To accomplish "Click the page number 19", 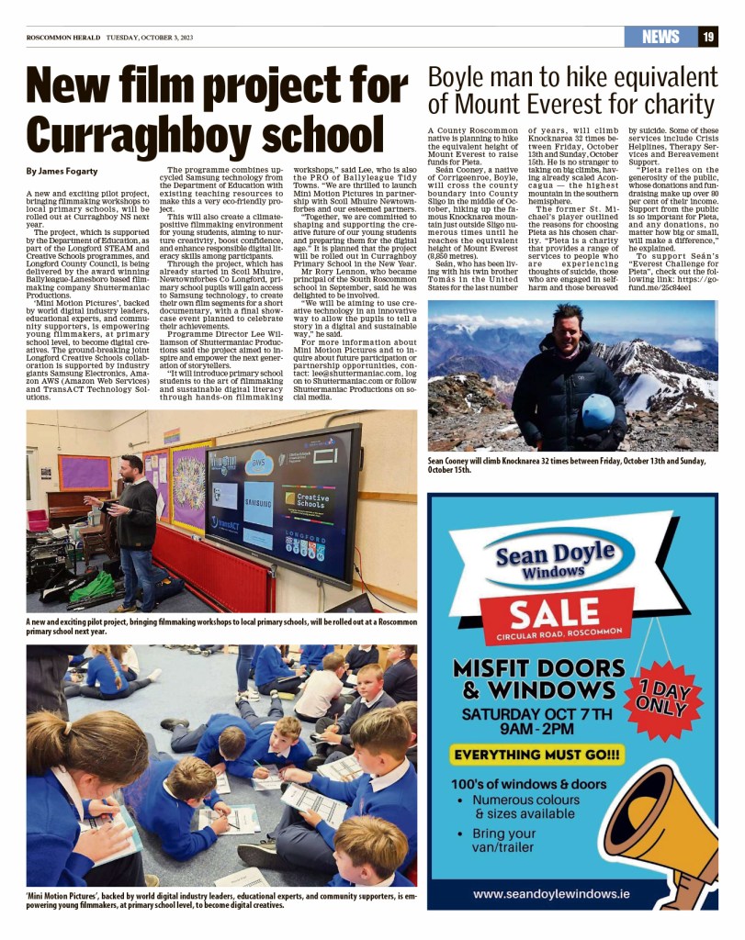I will [x=708, y=37].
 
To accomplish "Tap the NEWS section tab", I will [x=660, y=37].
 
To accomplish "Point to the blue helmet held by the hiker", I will [x=599, y=411].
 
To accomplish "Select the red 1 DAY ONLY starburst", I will [x=669, y=699].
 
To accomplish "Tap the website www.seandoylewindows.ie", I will [x=563, y=893].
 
